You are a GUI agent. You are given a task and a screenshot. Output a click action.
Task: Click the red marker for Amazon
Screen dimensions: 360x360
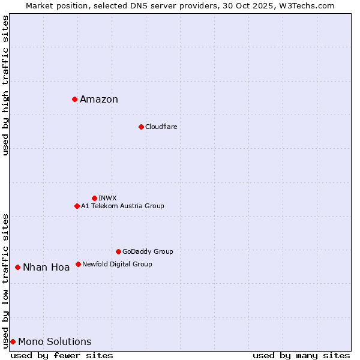74,99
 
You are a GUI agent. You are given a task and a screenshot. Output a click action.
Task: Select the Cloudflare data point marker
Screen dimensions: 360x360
141,127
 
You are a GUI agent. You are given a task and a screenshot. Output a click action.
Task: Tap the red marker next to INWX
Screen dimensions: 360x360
94,198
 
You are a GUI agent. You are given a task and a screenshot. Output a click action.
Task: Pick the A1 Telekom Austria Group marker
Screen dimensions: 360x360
77,206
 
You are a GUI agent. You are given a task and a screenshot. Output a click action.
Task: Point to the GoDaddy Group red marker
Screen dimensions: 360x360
118,251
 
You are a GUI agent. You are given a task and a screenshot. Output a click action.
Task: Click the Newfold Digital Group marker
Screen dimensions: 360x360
78,264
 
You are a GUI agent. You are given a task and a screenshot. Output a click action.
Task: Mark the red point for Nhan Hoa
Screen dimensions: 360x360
18,267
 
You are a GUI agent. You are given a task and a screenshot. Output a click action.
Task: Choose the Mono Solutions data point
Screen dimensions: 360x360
13,341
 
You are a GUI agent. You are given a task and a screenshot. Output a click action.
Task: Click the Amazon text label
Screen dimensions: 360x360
99,100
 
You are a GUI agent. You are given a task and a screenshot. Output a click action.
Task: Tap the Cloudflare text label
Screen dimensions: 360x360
161,127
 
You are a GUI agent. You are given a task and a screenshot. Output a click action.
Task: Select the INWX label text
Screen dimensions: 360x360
107,198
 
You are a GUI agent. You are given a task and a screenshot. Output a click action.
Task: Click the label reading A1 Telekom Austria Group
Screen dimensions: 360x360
122,206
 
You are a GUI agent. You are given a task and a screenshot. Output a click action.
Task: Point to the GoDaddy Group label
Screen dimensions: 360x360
148,252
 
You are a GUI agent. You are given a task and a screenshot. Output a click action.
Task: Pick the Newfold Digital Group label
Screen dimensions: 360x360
117,264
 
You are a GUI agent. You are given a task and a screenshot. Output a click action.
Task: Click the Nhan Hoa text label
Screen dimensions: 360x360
46,268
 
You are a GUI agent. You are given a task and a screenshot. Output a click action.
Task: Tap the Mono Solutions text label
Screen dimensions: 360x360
55,342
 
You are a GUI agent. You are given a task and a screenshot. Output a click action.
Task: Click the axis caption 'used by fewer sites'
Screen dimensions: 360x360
62,355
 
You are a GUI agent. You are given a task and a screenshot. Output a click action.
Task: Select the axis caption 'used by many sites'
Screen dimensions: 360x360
301,355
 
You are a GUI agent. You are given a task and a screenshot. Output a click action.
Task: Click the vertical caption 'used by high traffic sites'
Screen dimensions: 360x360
5,85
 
